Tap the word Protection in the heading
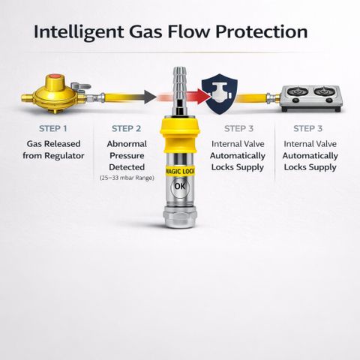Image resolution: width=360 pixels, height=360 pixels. (x=262, y=32)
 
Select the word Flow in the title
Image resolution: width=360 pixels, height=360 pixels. (x=188, y=31)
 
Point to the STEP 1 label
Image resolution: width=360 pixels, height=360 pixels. (x=53, y=128)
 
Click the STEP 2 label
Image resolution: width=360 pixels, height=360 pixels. (x=126, y=128)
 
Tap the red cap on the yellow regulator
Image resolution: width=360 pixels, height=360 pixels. (x=55, y=77)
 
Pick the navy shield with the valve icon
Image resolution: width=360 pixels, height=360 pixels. (x=220, y=94)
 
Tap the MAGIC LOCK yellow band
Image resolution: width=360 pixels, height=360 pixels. (x=180, y=171)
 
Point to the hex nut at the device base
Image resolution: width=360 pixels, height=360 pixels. (x=180, y=216)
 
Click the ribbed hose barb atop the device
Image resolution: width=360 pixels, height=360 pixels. (x=180, y=82)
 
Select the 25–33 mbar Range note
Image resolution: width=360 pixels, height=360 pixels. (x=127, y=178)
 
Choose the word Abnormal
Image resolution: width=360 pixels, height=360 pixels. (x=127, y=144)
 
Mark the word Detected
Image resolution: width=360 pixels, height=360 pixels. (x=127, y=167)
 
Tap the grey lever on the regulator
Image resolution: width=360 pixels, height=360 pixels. (x=80, y=87)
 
